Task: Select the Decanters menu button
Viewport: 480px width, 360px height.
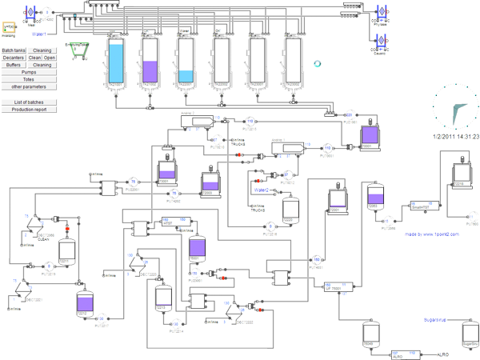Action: click(14, 58)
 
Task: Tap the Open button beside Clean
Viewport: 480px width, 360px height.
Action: click(50, 58)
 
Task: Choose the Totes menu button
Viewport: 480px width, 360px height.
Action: click(29, 79)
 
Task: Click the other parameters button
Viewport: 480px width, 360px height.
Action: click(29, 86)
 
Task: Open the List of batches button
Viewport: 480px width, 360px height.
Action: click(29, 102)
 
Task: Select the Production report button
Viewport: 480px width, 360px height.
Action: click(29, 110)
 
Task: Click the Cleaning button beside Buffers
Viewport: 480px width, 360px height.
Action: click(42, 65)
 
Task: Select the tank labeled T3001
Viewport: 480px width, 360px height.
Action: click(369, 137)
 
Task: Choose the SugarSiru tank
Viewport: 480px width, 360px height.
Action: click(468, 334)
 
